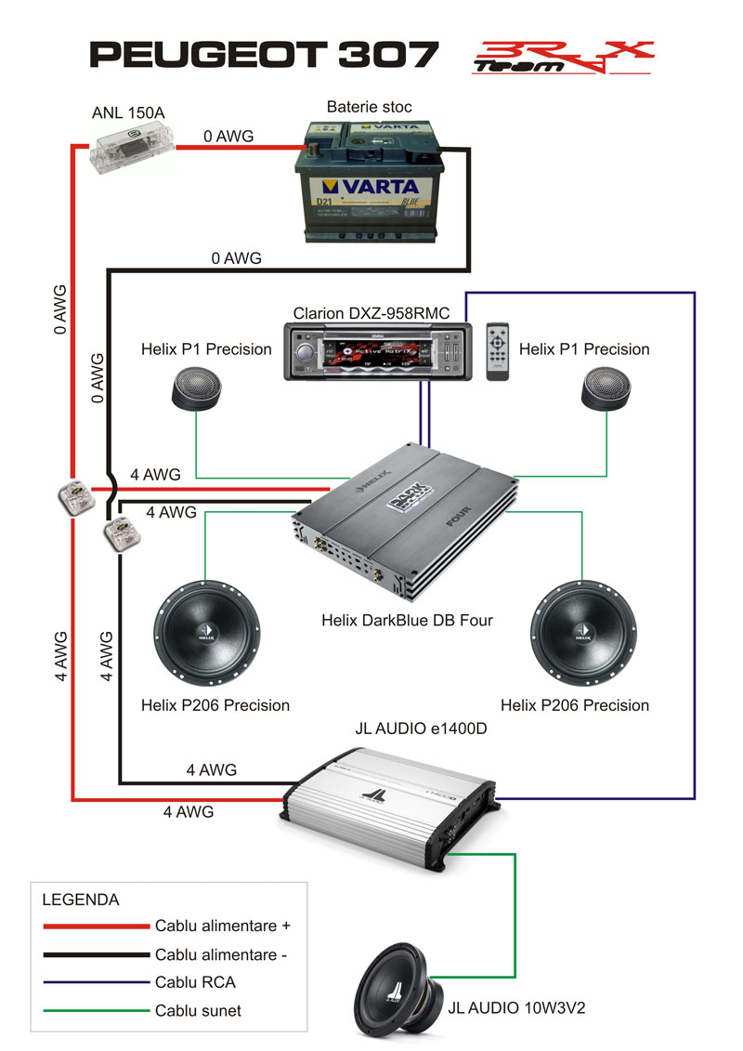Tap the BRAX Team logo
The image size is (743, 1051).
(562, 57)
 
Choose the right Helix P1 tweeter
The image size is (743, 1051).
(608, 387)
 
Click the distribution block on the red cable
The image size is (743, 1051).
(72, 497)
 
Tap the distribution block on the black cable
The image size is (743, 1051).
(119, 533)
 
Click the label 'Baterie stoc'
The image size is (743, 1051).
(369, 107)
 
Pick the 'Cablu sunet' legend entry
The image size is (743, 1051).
(198, 1010)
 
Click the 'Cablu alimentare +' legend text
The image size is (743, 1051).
(223, 926)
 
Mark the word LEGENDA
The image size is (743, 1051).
(81, 900)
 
